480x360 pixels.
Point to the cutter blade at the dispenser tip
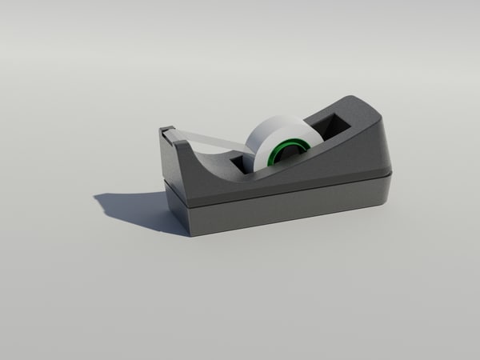[166, 130]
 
